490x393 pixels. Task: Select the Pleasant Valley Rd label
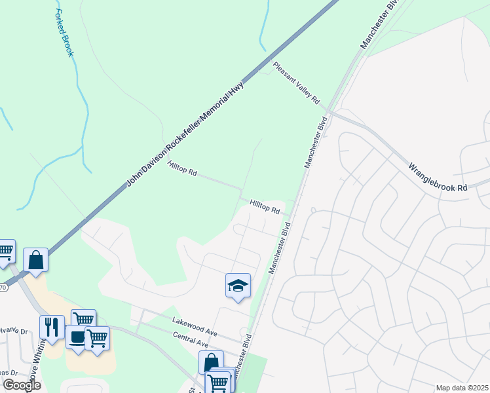(296, 83)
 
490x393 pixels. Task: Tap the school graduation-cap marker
(238, 286)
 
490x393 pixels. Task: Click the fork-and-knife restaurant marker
(51, 327)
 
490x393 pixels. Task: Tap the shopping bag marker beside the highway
(35, 259)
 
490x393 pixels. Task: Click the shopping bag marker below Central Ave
(211, 362)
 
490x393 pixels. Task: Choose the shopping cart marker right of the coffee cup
(97, 338)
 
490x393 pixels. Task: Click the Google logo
(21, 385)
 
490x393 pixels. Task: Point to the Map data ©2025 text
(461, 388)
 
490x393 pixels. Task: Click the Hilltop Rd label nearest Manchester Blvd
(265, 208)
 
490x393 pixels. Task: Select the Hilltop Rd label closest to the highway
(182, 169)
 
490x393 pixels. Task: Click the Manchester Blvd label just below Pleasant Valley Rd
(315, 142)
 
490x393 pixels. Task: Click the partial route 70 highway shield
(3, 286)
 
